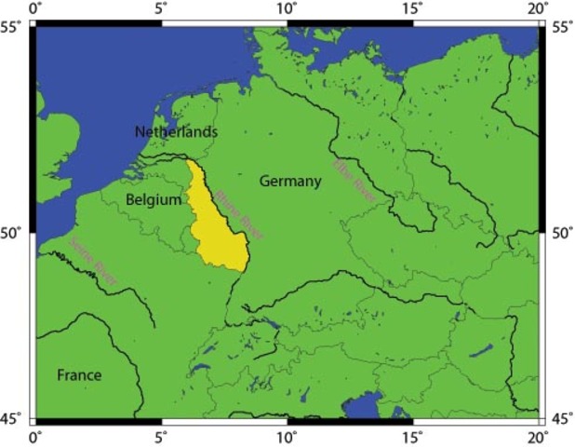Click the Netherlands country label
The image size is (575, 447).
pyautogui.click(x=176, y=132)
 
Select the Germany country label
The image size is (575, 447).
pyautogui.click(x=290, y=181)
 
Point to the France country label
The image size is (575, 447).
pyautogui.click(x=79, y=375)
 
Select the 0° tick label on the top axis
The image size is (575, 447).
pyautogui.click(x=37, y=8)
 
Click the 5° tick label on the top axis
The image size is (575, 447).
pyautogui.click(x=162, y=8)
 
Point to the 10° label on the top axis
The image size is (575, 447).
pyautogui.click(x=287, y=8)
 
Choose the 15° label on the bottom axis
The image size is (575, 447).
pyautogui.click(x=413, y=435)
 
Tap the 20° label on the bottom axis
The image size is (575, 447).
pyautogui.click(x=538, y=435)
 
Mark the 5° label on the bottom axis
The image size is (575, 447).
pyautogui.click(x=162, y=435)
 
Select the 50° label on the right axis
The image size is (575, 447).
pyautogui.click(x=561, y=232)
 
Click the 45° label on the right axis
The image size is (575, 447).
pyautogui.click(x=561, y=418)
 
